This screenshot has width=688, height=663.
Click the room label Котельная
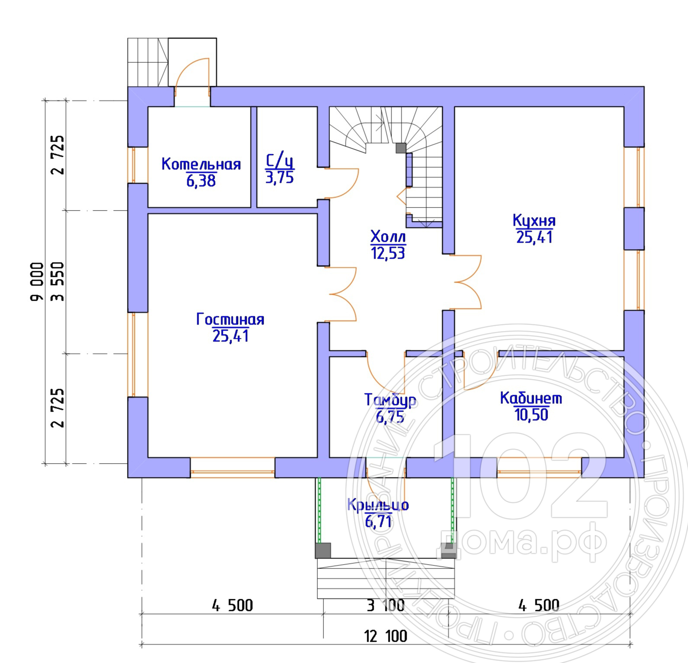(x=201, y=164)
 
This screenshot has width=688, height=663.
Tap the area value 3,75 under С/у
(x=280, y=178)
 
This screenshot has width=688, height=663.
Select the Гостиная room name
(x=230, y=319)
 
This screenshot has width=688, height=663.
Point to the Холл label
(x=388, y=237)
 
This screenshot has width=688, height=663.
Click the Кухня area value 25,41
(x=534, y=237)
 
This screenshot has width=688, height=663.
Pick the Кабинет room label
(x=531, y=398)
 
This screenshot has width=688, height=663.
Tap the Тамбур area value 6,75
(x=390, y=417)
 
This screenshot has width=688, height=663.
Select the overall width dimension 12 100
(x=385, y=636)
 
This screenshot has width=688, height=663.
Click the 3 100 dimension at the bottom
(x=385, y=605)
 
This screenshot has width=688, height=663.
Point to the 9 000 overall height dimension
(x=37, y=281)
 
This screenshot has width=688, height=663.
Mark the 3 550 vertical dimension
(x=57, y=281)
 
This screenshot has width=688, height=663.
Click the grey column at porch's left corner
(x=323, y=550)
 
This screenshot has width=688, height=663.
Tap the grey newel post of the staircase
(x=401, y=148)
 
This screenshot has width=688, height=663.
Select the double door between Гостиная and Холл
(x=342, y=294)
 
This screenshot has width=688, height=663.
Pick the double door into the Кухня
(x=468, y=282)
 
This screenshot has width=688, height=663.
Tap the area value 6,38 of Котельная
(x=201, y=181)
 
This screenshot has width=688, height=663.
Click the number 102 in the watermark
(x=520, y=477)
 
